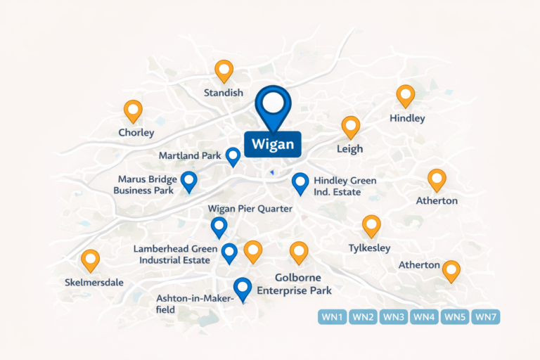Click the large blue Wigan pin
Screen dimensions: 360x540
(273, 105)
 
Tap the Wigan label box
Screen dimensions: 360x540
(273, 145)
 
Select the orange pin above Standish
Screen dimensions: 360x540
(224, 71)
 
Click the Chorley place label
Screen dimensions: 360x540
(136, 132)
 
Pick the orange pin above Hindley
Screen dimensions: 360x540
(406, 96)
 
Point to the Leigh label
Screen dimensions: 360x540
(350, 148)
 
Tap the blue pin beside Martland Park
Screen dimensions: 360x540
(233, 156)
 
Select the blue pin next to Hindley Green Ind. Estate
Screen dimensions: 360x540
(300, 184)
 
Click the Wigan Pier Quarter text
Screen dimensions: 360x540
(250, 209)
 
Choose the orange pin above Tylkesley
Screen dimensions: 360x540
(371, 226)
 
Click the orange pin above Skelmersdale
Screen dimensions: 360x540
(90, 260)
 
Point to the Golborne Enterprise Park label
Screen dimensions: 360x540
(295, 284)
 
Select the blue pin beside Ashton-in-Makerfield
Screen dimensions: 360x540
(243, 288)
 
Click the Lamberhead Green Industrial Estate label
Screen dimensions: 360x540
(172, 255)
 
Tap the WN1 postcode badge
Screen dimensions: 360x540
(333, 317)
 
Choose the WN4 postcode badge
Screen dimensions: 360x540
(424, 317)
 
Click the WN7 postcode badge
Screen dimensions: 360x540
(486, 317)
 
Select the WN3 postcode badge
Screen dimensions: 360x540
(394, 317)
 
